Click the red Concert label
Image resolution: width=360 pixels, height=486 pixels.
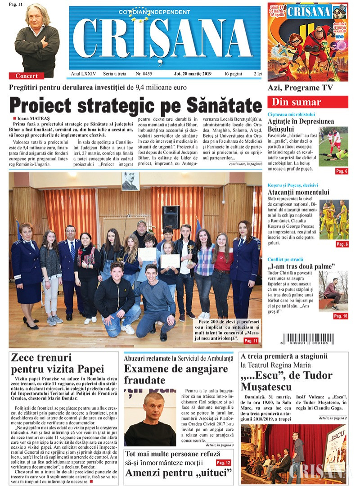pos(27,76)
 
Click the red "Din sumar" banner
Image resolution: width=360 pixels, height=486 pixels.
pos(307,102)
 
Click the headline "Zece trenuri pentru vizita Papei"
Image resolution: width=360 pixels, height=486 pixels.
pos(57,364)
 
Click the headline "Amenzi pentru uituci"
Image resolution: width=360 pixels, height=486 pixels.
pos(179,473)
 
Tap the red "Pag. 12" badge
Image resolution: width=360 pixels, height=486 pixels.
pos(224,463)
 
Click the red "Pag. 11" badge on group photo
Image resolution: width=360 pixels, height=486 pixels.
pos(251,341)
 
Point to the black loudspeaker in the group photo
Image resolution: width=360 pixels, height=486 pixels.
pos(171,217)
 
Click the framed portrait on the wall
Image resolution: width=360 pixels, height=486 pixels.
pos(130,181)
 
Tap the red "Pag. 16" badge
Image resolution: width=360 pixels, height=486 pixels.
pos(340,316)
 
